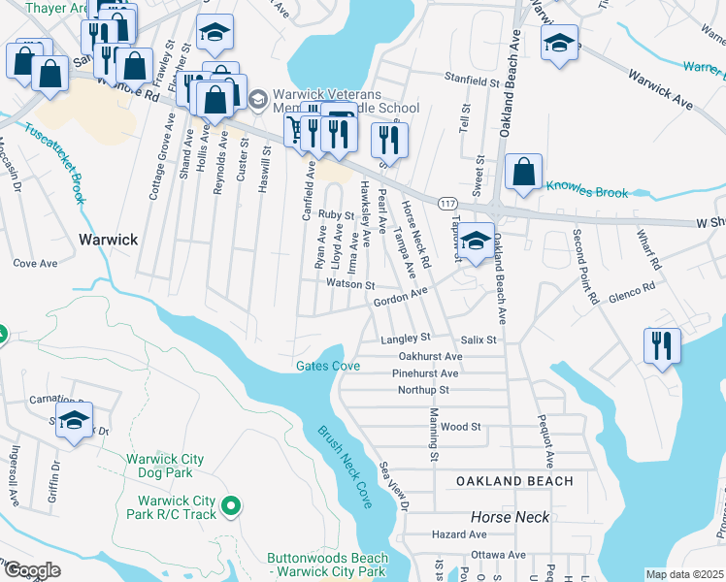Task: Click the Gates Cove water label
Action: click(328, 366)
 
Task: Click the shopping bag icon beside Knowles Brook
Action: click(523, 172)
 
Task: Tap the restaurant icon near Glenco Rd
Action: click(661, 345)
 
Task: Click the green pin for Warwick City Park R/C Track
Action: click(231, 505)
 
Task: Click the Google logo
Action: click(31, 570)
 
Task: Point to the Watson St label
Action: click(349, 285)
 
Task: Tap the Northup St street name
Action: click(423, 390)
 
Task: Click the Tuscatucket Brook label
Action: click(56, 162)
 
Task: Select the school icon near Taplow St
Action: click(476, 242)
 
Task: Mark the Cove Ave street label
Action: click(35, 263)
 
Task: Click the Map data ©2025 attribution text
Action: click(684, 574)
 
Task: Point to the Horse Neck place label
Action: click(497, 518)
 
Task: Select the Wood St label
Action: click(460, 427)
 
